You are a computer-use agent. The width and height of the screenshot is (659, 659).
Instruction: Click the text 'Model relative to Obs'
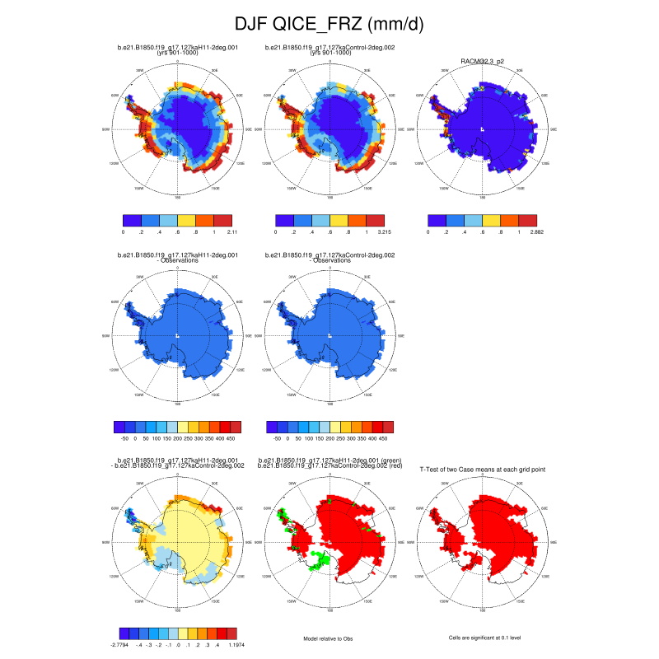coord(329,638)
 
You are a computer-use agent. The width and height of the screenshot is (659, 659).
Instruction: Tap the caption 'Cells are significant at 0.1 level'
coord(482,638)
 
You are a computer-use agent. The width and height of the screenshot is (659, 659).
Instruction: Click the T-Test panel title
coord(482,469)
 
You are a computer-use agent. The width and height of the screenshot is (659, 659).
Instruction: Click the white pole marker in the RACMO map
coord(482,129)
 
